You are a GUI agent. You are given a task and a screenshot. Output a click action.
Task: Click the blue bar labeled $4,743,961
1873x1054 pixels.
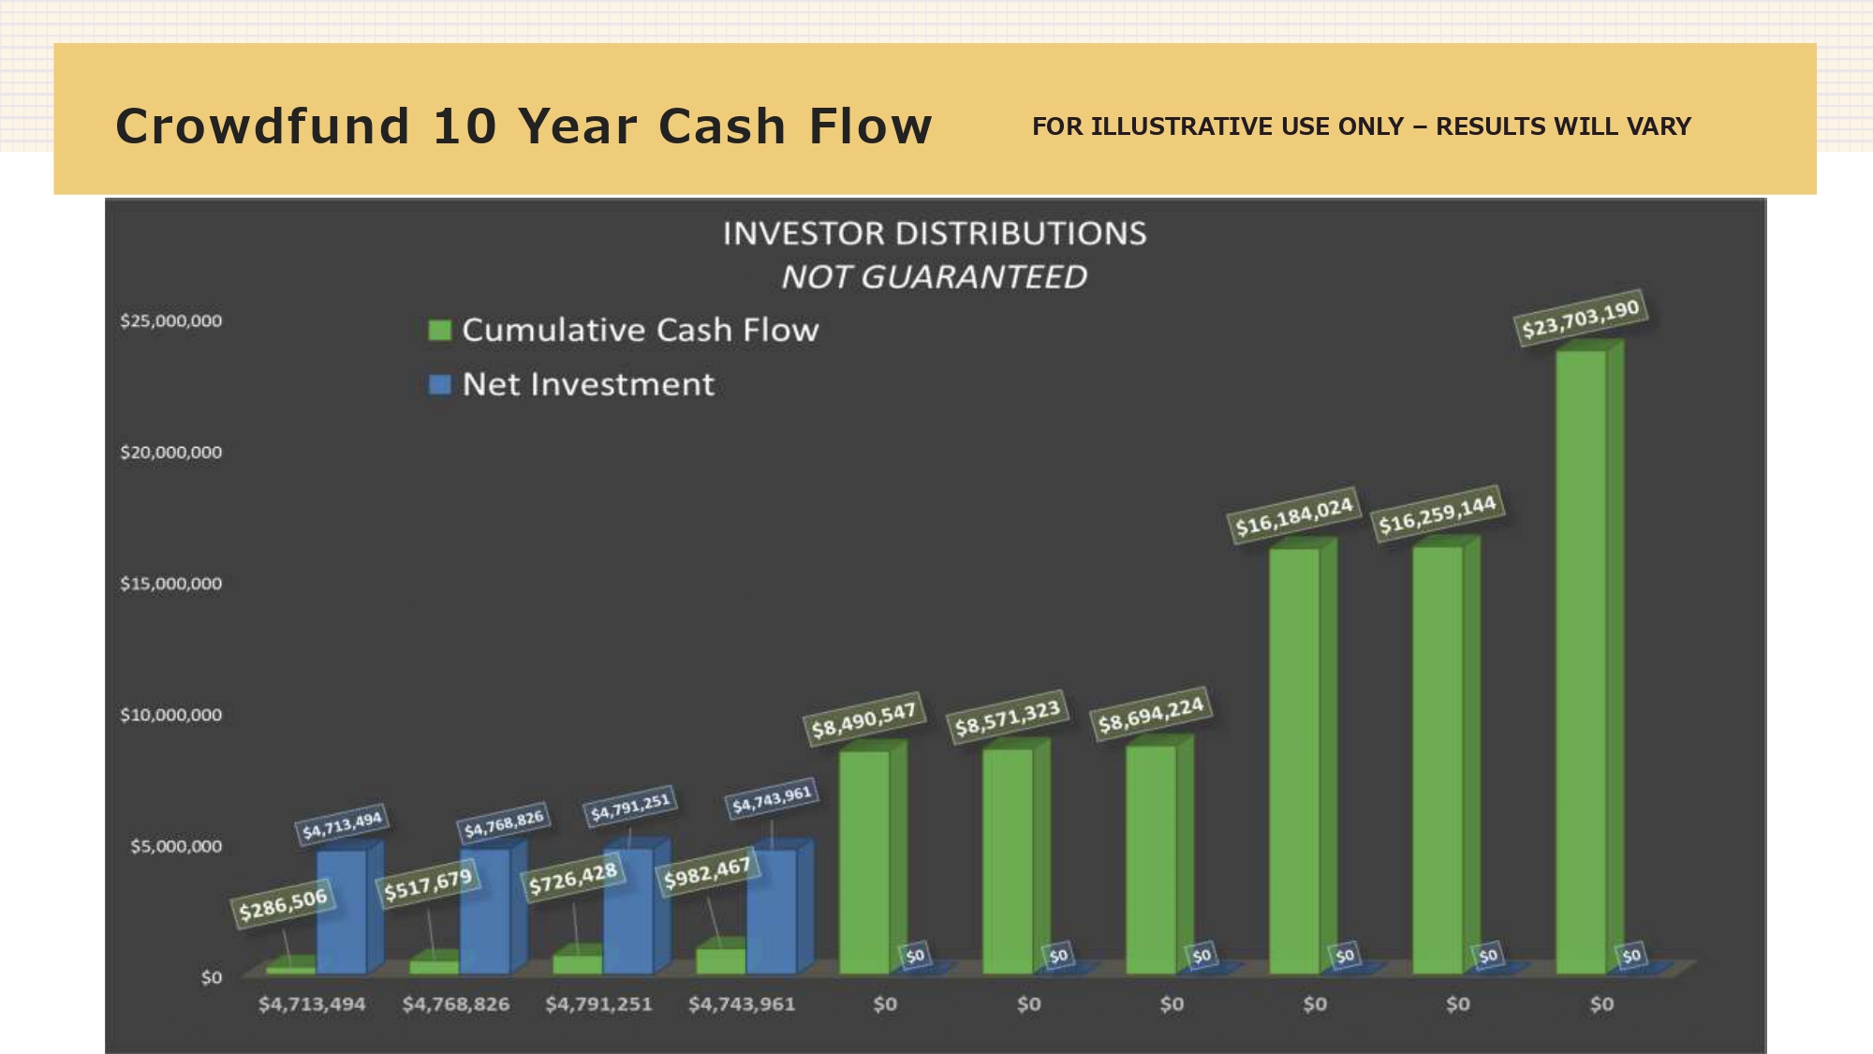coord(780,906)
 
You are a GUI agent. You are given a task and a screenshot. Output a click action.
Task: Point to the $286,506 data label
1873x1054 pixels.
coord(283,904)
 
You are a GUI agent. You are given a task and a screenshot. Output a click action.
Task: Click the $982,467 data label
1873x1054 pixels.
coord(707,873)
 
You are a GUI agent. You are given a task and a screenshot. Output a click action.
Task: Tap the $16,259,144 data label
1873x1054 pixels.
coord(1438,513)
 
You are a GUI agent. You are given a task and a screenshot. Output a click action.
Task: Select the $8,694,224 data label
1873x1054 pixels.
coord(1151,715)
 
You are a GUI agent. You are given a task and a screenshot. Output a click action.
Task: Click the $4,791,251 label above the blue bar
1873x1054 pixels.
coord(630,808)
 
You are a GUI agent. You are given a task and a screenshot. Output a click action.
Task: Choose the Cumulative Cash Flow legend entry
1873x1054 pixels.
coord(624,330)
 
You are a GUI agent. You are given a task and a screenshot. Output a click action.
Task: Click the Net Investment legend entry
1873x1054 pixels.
coord(571,384)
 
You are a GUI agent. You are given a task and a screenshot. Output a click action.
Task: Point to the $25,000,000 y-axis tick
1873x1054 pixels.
coord(171,320)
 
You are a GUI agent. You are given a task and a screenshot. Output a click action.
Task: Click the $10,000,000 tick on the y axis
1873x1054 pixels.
coord(171,715)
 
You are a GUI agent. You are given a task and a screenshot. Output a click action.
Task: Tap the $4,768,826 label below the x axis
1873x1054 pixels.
coord(456,1004)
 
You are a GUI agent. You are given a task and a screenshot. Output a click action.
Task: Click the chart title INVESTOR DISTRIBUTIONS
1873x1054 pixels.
coord(935,233)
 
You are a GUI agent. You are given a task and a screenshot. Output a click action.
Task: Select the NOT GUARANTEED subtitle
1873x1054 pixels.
coord(935,277)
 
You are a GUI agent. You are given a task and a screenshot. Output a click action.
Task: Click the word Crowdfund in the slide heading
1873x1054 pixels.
coord(263,126)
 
